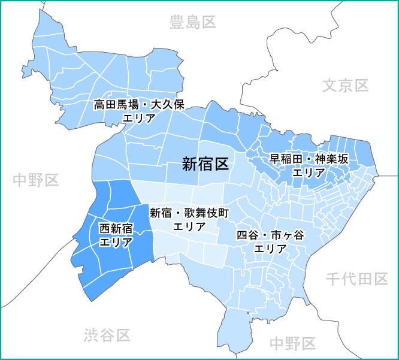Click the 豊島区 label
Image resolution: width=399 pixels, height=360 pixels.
192,23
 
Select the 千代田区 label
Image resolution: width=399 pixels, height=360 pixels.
357,279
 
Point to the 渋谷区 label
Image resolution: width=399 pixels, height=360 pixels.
107,335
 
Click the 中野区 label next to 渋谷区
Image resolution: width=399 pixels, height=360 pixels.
292,343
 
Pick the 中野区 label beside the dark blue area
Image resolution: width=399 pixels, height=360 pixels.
35,179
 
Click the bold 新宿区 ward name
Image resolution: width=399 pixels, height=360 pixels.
205,164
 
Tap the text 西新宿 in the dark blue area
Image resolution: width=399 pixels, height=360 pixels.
116,228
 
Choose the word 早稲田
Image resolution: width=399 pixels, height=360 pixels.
283,159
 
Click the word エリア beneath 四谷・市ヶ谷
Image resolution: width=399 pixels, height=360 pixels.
271,249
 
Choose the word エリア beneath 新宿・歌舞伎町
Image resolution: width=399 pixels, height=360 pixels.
189,226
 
